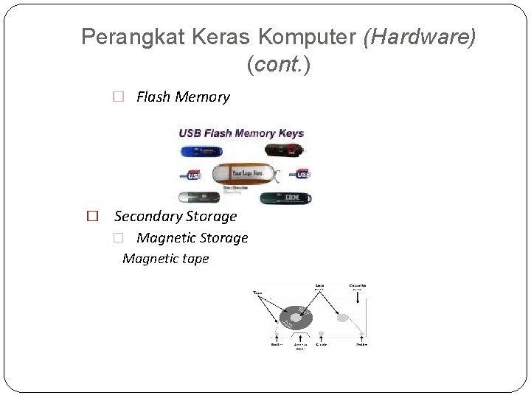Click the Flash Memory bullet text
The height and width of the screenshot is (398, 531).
click(x=183, y=97)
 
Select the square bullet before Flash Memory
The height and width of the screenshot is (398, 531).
click(x=117, y=97)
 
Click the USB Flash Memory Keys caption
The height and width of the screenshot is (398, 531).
click(x=241, y=133)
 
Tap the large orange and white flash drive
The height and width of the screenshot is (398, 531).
click(x=244, y=175)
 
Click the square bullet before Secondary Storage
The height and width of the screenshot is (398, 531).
click(x=93, y=217)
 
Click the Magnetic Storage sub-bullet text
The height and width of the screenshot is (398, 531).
click(x=192, y=238)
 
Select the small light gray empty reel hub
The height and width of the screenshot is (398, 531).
click(x=343, y=318)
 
